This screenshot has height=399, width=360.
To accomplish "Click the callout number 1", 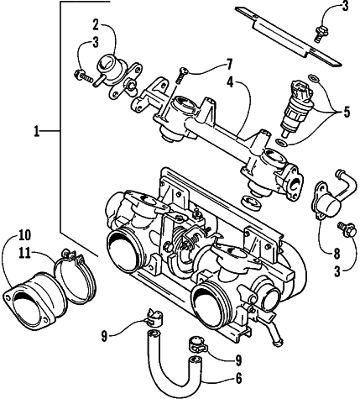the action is coord(36,131).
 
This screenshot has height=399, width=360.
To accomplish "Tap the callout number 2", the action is coord(96,24).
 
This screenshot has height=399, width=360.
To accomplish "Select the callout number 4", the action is coord(230,81).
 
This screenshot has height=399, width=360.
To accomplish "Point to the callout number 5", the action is coord(347,112).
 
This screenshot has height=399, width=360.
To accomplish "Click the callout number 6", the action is coord(238,379).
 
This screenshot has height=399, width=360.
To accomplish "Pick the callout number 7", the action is coord(229,65).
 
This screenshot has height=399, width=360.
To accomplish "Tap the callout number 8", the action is coord(337,254).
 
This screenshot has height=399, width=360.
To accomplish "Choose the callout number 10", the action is coord(24,235).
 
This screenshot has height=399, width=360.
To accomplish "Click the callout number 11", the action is coord(24,253).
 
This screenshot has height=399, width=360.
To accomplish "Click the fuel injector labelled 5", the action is coord(296,108).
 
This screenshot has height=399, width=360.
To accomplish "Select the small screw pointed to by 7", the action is coord(181,75).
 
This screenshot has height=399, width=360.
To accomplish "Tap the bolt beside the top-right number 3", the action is coord(319,34).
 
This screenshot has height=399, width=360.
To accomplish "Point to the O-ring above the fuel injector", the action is coord(313,79).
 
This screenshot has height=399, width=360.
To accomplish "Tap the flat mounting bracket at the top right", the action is coord(288,37).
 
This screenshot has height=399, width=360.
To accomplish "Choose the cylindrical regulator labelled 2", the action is coord(117,76).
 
